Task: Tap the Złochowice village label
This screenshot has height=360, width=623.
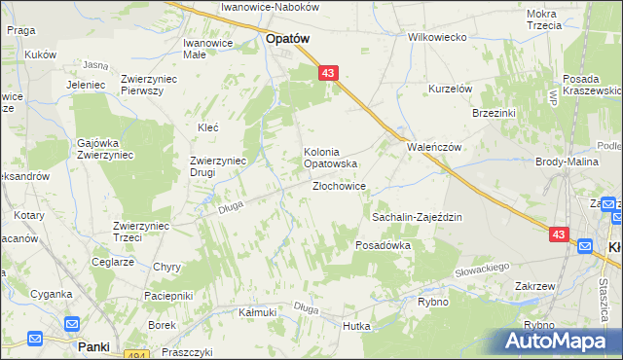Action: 339,186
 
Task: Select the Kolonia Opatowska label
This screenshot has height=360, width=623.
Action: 331,158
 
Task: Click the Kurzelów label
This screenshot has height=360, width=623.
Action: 451,89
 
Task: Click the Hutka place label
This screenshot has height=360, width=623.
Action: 357,327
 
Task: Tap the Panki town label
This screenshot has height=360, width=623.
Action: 94,345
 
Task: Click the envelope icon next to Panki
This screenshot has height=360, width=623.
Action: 35,339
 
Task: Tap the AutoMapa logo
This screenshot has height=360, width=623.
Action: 560,341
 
